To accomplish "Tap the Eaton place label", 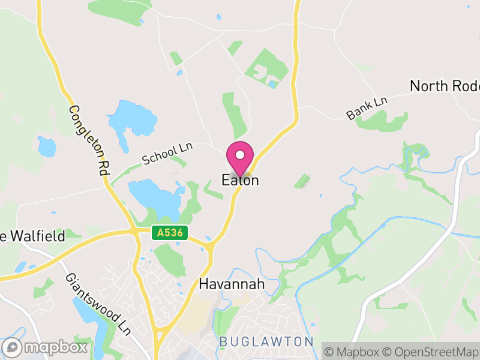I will [241, 180].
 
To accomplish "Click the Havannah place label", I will [232, 284].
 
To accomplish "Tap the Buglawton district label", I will [266, 341].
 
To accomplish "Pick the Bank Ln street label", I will [367, 107].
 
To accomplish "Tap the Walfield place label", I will [33, 236].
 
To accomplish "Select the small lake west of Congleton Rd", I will [46, 146].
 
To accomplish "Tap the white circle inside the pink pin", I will [241, 154].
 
